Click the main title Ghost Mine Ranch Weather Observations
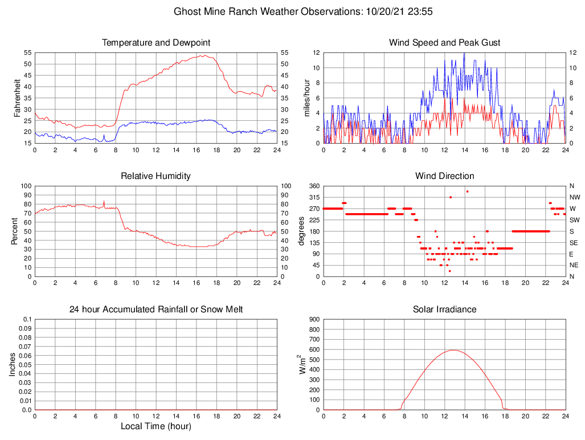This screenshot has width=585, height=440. point(292,11)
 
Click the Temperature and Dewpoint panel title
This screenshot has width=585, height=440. point(156,43)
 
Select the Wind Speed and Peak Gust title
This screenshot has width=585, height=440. point(445,43)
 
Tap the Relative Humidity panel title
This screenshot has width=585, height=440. point(156,176)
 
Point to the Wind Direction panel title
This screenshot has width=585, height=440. point(445,176)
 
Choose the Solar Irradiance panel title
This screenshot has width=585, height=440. point(445,309)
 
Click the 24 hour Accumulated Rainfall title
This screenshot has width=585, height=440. point(156,309)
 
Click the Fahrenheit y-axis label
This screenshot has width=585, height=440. point(18,97)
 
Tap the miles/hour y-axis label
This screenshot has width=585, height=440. point(306,97)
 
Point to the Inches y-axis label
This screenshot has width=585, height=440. point(13,364)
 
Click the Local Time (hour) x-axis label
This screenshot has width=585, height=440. point(156,426)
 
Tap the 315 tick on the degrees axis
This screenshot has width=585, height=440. point(313,197)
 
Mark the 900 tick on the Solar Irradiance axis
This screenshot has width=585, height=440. point(314,319)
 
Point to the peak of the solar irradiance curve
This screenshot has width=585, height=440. point(453,350)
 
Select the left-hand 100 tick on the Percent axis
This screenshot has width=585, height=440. point(26,186)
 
